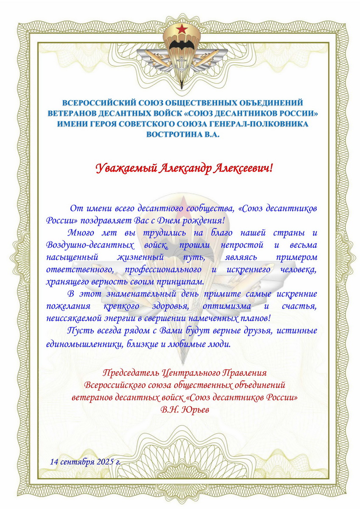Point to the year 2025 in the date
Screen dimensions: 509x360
coord(104,461)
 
